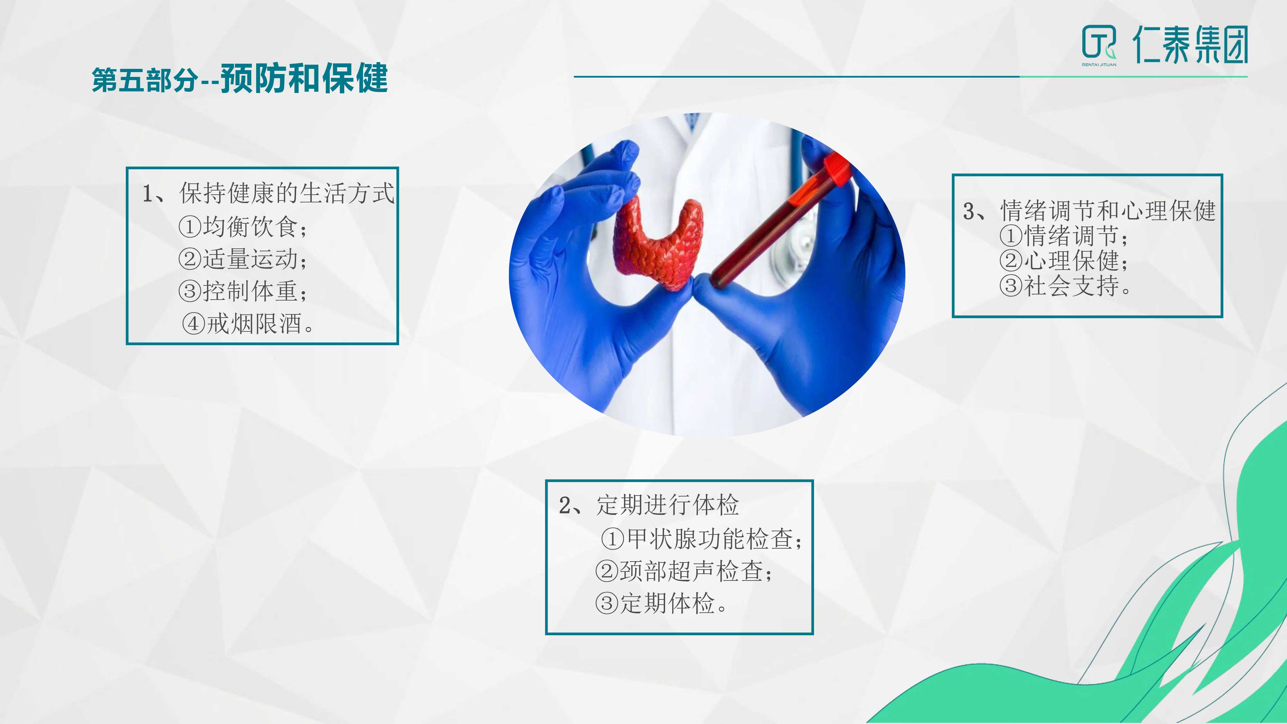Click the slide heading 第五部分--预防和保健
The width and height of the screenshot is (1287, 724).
pos(240,79)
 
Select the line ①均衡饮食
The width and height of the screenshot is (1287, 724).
pos(243,227)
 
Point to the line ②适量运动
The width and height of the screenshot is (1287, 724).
pos(243,259)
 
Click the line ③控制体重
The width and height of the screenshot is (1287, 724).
pos(243,291)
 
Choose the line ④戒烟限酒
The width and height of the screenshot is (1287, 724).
pos(248,323)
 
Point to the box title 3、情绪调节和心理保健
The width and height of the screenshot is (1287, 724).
pos(1089,210)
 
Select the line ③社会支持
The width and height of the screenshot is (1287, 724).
pos(1065,286)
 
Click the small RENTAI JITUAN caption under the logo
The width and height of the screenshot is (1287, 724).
pos(1099,64)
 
